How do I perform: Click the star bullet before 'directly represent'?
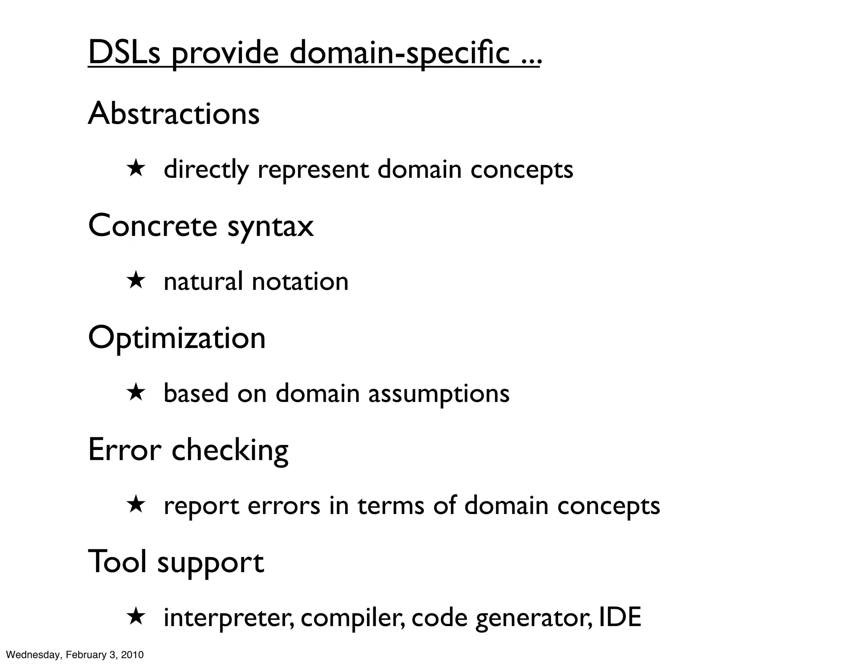(136, 169)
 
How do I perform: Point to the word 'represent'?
(313, 170)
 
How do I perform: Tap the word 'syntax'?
(270, 228)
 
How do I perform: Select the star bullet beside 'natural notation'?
(136, 281)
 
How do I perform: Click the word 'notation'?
(300, 281)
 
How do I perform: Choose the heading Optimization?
(177, 338)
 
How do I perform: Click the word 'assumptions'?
(439, 394)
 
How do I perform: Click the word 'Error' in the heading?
(125, 450)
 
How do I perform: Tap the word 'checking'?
(230, 451)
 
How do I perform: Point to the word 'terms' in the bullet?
(391, 505)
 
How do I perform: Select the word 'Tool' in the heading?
(117, 561)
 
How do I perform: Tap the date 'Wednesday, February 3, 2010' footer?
(75, 655)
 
